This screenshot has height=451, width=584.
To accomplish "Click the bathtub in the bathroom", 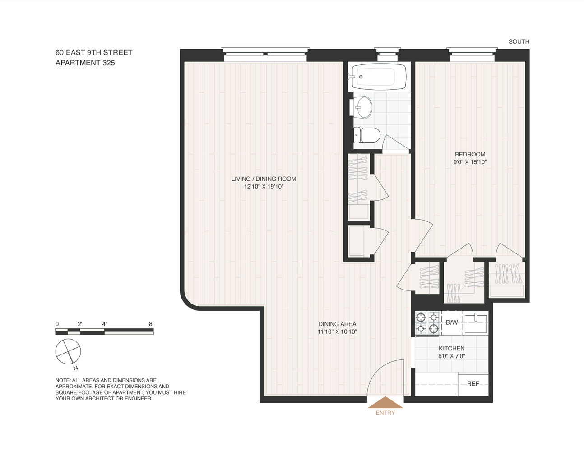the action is coord(377,77).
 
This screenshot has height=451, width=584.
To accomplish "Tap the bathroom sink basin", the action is coord(361,107).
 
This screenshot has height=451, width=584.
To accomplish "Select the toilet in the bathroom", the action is coord(366,135).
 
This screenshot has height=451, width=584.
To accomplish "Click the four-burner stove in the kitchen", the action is coord(427,323).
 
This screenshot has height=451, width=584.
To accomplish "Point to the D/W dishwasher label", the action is coord(451,322).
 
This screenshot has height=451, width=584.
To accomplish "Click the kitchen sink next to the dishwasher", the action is coord(476,323).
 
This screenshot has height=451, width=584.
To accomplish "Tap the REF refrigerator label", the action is coord(473,384).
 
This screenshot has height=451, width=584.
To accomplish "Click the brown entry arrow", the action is coord(385,402).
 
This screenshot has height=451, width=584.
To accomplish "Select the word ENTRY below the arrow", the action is coord(385,413).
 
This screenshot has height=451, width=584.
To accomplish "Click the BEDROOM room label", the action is coord(470,154).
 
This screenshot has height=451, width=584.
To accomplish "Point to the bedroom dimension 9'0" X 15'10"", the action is coord(470,162).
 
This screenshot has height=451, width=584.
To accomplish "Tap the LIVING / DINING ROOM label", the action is coord(264,179).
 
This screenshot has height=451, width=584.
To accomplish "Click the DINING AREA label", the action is coord(337,324).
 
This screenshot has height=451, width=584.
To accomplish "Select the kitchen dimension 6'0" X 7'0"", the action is coord(451,356).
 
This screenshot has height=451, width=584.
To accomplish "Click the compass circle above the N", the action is coord(68,351).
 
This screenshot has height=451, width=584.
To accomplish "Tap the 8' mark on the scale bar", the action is coord(151,324).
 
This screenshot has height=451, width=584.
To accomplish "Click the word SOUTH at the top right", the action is coord(519,41).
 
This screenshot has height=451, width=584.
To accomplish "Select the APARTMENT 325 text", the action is coord(85,63).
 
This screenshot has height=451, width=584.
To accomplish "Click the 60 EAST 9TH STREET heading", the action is coord(94,52).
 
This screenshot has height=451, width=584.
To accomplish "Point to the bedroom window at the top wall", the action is coord(472,55).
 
